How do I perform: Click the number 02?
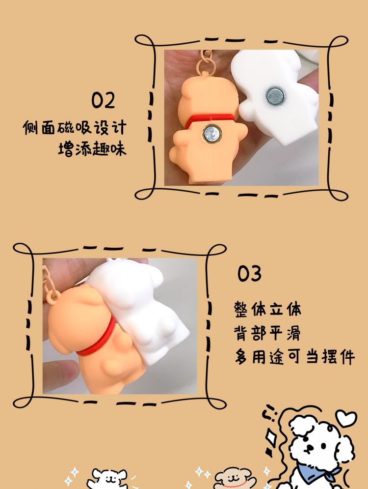point(103,100)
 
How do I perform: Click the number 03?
point(249,274)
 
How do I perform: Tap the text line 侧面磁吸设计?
point(75,128)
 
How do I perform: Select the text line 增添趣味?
point(92,148)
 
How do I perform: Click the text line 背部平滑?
point(267,333)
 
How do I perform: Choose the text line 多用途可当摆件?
point(294,357)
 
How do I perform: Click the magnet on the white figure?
point(276,96)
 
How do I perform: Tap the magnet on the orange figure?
point(211,134)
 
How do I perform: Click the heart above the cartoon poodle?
point(346,419)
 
